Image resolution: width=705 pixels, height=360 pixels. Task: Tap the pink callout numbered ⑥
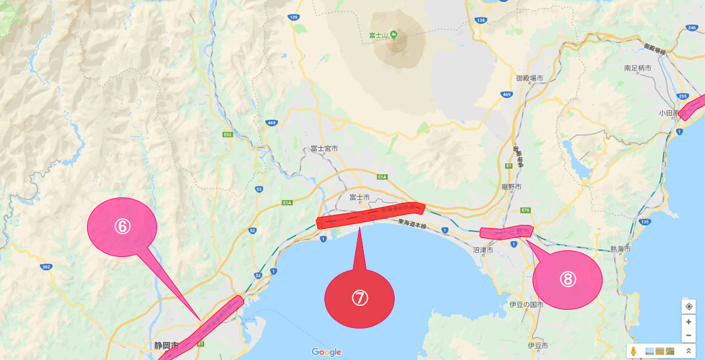122,226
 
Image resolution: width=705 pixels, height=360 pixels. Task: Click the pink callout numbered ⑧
567,280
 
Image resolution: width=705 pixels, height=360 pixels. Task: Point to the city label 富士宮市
325,149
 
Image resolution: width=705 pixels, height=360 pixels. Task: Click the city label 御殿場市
530,78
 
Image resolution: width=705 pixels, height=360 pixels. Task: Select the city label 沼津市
483,250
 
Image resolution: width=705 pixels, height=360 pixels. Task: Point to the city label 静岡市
166,346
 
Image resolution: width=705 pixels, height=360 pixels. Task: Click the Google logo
326,352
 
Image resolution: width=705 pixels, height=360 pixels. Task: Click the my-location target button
688,306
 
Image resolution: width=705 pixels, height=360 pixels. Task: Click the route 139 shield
294,16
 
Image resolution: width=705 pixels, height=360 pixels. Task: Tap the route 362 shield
46,267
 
